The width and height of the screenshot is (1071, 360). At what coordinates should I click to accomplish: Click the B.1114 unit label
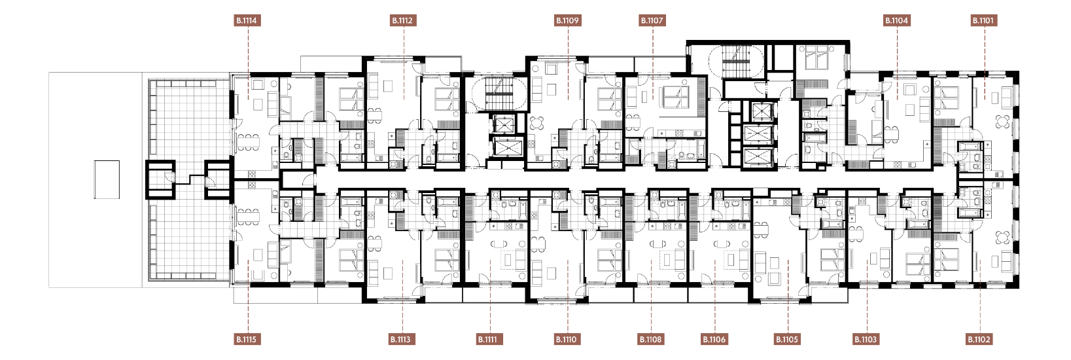click(x=247, y=20)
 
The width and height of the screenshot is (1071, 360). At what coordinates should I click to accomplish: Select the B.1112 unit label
click(x=402, y=20)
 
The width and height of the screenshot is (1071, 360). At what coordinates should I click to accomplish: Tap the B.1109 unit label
click(x=567, y=20)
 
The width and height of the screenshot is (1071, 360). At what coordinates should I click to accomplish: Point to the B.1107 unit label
click(x=652, y=20)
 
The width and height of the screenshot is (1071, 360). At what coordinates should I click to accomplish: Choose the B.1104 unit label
click(x=896, y=20)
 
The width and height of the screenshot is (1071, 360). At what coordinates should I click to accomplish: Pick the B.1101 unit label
click(x=983, y=20)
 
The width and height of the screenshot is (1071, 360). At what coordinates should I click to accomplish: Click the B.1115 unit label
click(x=247, y=340)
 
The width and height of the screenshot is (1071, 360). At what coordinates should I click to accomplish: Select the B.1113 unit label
click(x=401, y=340)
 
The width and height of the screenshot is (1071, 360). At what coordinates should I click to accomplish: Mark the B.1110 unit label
click(x=567, y=340)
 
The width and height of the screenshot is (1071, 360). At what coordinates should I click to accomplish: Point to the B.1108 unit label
click(x=651, y=340)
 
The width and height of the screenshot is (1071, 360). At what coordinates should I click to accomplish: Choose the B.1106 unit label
click(x=715, y=340)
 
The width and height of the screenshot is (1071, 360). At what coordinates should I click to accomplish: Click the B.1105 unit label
click(x=788, y=340)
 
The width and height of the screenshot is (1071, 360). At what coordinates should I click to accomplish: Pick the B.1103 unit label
click(x=866, y=340)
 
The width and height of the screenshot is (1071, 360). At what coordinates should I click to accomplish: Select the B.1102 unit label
click(x=979, y=340)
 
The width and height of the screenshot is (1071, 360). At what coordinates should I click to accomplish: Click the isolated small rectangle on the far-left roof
click(x=107, y=179)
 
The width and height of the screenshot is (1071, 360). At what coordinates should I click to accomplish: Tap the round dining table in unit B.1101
click(x=1002, y=122)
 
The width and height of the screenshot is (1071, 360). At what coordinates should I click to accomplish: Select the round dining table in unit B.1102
click(x=1002, y=238)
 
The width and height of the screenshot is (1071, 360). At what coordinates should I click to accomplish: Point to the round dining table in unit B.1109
click(x=537, y=123)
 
